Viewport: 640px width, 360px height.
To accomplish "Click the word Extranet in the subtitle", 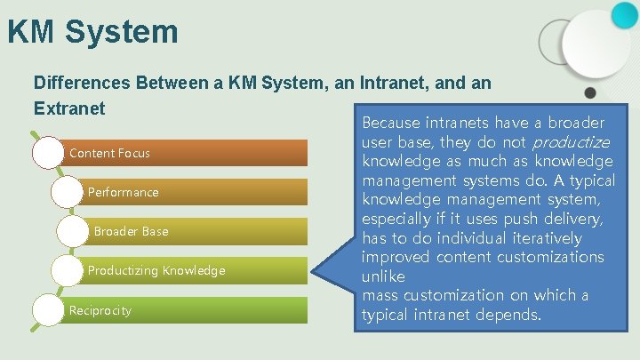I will click(x=69, y=108).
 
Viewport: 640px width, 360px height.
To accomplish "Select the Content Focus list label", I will click(x=109, y=153).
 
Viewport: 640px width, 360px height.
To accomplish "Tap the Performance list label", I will click(x=123, y=192).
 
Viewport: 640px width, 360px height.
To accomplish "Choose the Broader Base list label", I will click(x=131, y=231).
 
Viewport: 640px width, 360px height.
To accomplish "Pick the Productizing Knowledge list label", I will click(x=156, y=270).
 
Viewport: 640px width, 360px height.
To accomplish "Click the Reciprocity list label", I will click(x=100, y=310).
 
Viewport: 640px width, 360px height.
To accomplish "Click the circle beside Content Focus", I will click(x=49, y=153).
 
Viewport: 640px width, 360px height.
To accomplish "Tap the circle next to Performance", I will click(x=68, y=192).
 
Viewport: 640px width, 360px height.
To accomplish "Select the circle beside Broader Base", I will click(x=72, y=231).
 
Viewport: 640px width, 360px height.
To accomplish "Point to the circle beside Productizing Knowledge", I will click(x=68, y=270).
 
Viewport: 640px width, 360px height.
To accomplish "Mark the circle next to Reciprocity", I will click(x=49, y=310).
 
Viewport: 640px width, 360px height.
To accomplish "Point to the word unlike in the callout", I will click(x=384, y=276).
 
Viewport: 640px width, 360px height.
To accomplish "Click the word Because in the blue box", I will click(x=392, y=122).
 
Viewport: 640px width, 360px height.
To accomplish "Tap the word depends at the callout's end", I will click(x=509, y=315).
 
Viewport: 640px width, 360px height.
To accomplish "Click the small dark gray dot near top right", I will click(x=589, y=92).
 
